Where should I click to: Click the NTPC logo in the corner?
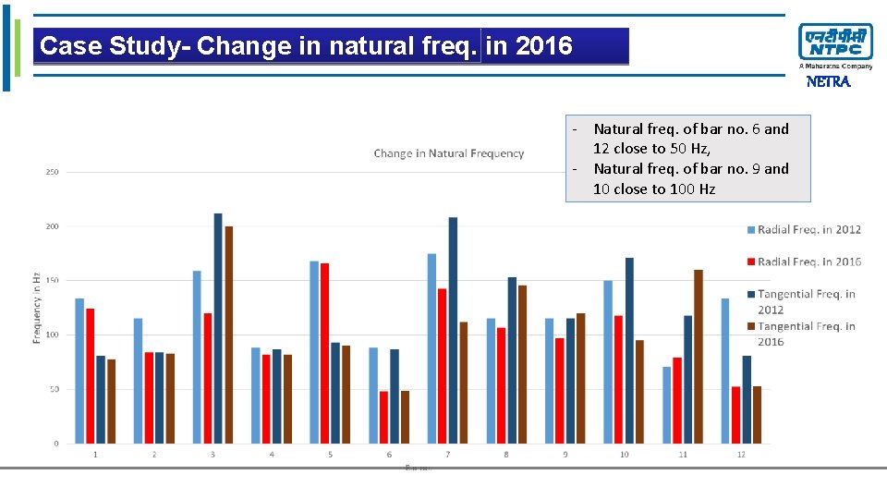coord(835,43)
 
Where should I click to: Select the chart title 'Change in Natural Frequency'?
coord(448,153)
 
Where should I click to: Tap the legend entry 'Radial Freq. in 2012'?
coord(803,229)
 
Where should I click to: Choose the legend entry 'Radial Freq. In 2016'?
coord(803,262)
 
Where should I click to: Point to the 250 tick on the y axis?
coord(52,172)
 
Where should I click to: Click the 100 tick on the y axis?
coord(52,335)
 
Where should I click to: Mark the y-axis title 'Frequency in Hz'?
coord(37,308)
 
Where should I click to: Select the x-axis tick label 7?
coord(447,455)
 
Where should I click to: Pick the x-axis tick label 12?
coord(741,455)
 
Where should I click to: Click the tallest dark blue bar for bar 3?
coord(218,328)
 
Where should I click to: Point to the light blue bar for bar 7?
coord(431,348)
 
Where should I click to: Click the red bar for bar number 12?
coord(736,415)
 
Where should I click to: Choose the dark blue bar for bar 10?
coord(629,350)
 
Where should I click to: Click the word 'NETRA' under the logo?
coord(828,81)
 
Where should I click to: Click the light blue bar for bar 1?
coord(79,371)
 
